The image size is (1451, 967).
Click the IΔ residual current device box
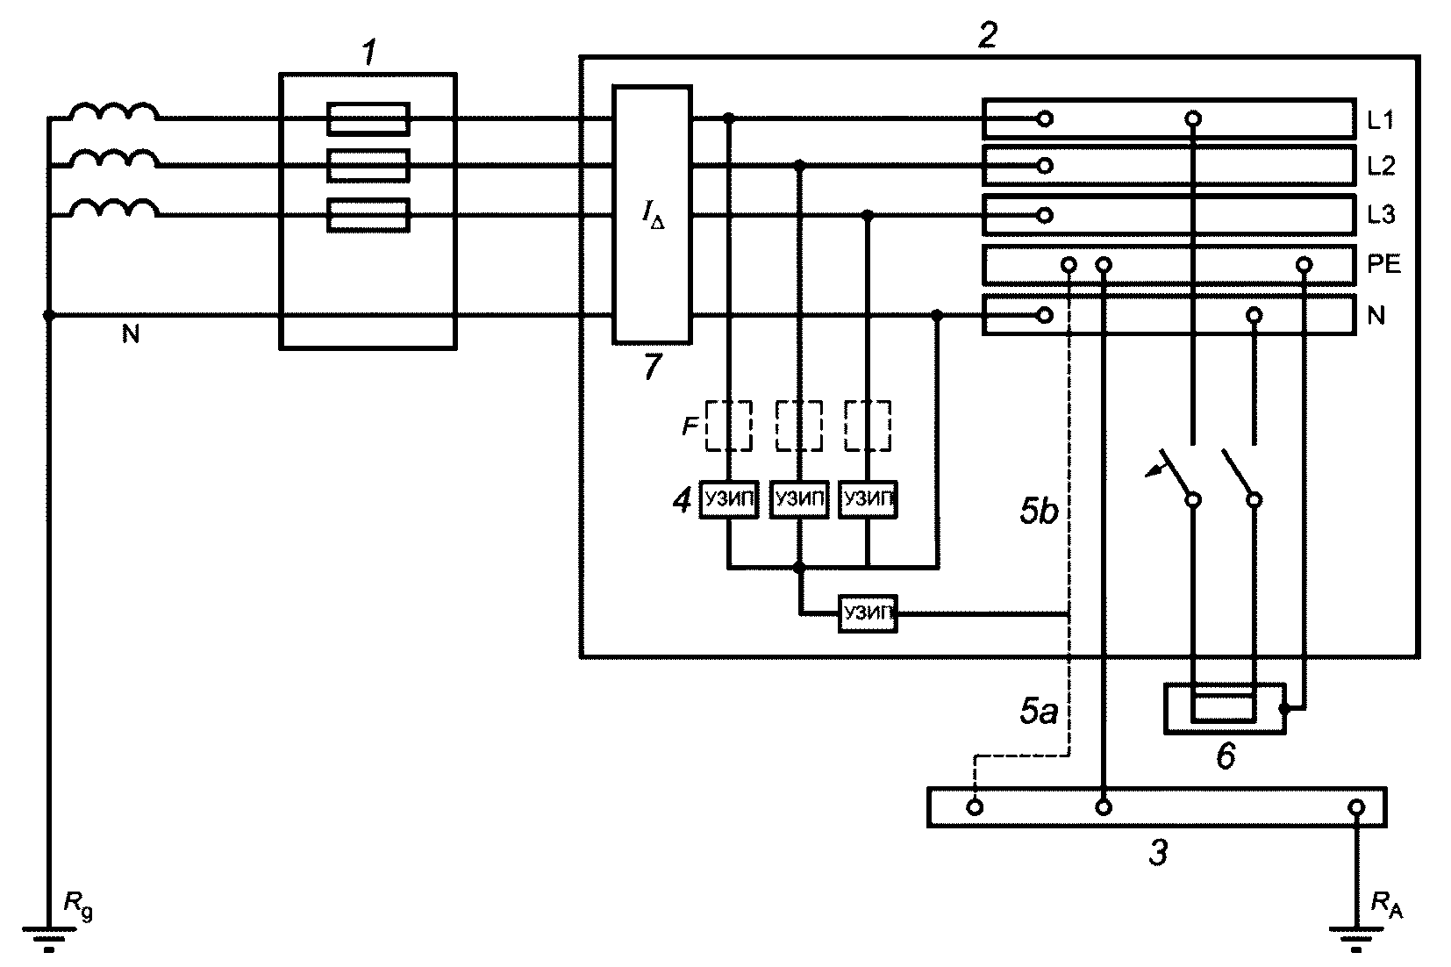652,214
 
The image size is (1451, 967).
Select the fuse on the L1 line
368,118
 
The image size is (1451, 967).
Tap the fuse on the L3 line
368,214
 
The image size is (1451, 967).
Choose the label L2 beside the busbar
1381,167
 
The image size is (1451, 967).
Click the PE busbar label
1383,264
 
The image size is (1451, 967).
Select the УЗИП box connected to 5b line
868,613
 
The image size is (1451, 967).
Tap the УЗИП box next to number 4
729,499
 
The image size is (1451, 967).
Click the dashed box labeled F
729,426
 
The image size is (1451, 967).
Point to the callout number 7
653,366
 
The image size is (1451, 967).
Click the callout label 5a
1039,711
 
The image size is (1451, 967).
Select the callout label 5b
1039,511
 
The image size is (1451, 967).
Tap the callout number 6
1226,756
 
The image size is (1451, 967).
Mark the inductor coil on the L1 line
114,111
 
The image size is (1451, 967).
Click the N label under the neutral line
131,333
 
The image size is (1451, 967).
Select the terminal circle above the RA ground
1356,807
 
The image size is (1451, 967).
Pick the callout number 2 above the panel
987,35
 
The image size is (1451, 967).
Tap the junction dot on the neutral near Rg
49,316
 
